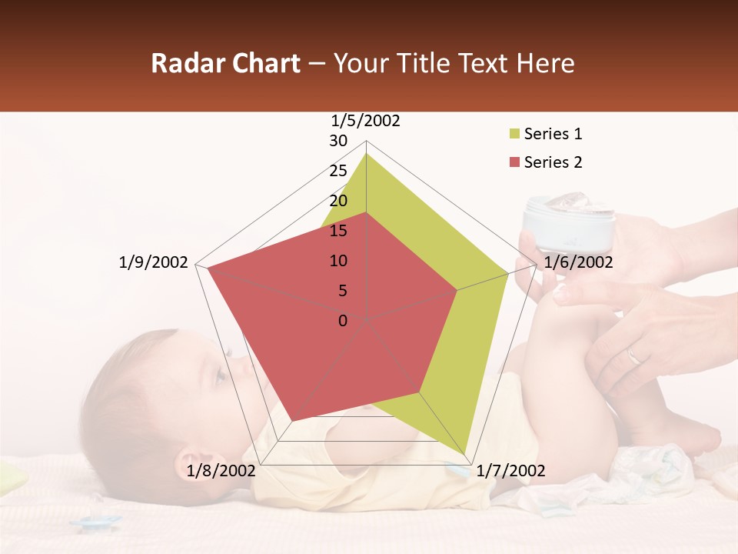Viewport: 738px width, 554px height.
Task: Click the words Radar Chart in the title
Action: [x=225, y=64]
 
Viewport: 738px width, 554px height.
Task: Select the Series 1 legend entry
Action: [x=553, y=134]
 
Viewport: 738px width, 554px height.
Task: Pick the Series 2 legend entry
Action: [x=553, y=162]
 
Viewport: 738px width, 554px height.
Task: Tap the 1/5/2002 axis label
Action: [x=366, y=120]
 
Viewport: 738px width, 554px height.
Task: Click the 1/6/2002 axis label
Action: [x=579, y=262]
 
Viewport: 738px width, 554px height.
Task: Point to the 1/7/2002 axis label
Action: [x=511, y=471]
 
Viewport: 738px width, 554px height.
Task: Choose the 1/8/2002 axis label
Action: [x=221, y=471]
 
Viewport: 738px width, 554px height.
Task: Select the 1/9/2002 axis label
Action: [x=154, y=262]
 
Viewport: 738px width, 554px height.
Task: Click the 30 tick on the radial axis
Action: [x=338, y=141]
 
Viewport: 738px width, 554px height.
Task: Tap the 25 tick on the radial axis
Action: [x=338, y=171]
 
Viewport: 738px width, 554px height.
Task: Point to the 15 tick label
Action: [x=338, y=231]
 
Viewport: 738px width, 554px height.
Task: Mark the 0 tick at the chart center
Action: [x=343, y=321]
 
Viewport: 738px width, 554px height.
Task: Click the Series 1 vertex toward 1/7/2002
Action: [x=466, y=454]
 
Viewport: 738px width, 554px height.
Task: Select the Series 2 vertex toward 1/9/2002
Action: [x=208, y=268]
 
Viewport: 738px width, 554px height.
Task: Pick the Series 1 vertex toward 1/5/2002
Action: [x=367, y=153]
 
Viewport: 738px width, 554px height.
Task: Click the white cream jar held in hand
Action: [x=570, y=224]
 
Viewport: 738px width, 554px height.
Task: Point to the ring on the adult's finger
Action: [x=633, y=355]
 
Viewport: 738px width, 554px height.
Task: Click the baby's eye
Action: [x=220, y=375]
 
